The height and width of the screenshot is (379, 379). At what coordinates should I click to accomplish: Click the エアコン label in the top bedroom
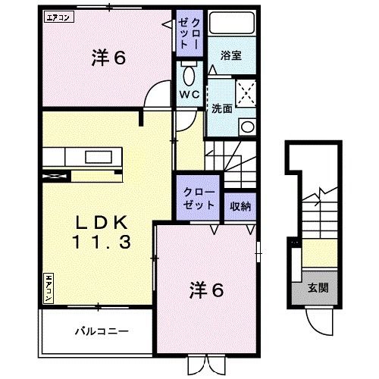pyautogui.click(x=58, y=16)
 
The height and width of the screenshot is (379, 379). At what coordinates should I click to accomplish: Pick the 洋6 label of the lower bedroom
pyautogui.click(x=207, y=290)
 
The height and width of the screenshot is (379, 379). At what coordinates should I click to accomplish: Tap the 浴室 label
pyautogui.click(x=230, y=55)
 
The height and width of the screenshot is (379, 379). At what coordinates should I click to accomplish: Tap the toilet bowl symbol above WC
pyautogui.click(x=189, y=75)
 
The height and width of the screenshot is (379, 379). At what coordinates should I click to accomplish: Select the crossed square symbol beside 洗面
pyautogui.click(x=246, y=95)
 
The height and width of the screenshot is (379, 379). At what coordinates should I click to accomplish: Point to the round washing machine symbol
pyautogui.click(x=246, y=127)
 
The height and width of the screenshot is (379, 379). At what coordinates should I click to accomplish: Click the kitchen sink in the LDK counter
pyautogui.click(x=99, y=158)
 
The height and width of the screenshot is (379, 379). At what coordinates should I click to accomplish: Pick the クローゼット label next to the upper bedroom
pyautogui.click(x=189, y=33)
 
